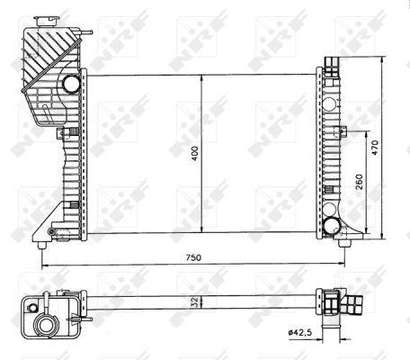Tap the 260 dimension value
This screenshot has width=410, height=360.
pyautogui.click(x=360, y=181)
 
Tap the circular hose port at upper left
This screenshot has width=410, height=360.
pyautogui.click(x=72, y=85)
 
